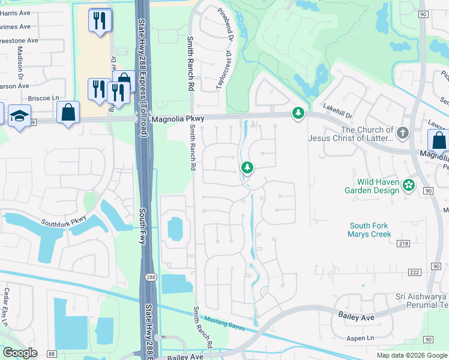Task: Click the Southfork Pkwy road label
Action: [x=64, y=221]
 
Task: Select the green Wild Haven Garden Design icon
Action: [x=409, y=185]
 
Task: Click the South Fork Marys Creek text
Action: [x=369, y=230]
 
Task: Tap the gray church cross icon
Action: [x=402, y=131]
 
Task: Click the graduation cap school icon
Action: [x=20, y=116]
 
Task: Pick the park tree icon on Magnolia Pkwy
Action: [x=298, y=113]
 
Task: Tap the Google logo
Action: [x=20, y=353]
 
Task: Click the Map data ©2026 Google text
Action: [x=411, y=355]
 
